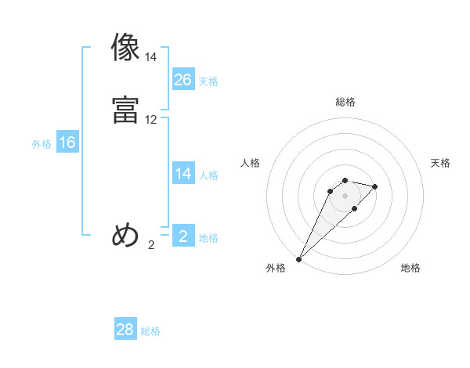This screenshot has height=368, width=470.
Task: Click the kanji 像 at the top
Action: click(x=125, y=48)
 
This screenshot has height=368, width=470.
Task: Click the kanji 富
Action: click(x=125, y=110)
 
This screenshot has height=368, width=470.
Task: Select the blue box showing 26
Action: click(x=183, y=79)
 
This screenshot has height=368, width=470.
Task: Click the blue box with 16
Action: click(x=67, y=143)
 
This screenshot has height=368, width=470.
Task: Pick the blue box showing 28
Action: click(x=125, y=330)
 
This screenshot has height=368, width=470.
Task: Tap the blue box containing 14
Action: click(x=183, y=174)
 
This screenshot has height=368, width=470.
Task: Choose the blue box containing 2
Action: click(x=183, y=236)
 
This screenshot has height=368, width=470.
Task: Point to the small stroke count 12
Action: click(x=151, y=120)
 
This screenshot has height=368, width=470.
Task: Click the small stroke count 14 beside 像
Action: click(x=151, y=57)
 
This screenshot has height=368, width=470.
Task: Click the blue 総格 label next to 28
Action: click(x=150, y=331)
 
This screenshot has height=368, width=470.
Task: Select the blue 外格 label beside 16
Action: click(x=42, y=144)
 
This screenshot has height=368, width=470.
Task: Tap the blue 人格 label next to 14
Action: click(x=208, y=175)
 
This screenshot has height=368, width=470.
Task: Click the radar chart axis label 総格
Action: click(x=345, y=102)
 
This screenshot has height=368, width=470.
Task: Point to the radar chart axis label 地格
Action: click(x=410, y=268)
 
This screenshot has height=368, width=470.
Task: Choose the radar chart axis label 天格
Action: click(x=440, y=163)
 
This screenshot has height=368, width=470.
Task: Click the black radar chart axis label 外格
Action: click(x=276, y=268)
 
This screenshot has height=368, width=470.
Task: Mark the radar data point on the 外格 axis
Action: click(x=298, y=259)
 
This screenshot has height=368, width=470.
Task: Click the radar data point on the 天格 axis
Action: click(x=375, y=186)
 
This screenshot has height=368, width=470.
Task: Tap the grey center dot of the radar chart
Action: click(x=345, y=196)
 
